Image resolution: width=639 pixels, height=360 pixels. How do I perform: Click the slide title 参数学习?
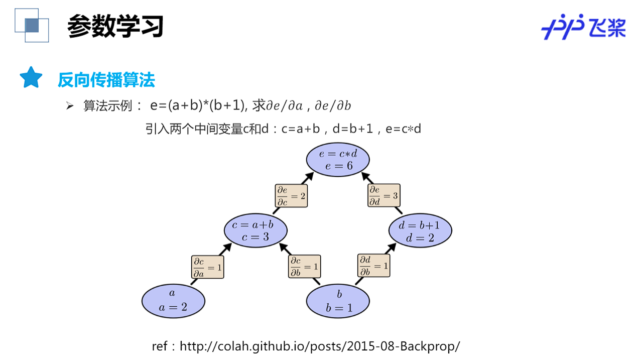[115, 26]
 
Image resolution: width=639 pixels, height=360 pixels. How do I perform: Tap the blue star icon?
[31, 78]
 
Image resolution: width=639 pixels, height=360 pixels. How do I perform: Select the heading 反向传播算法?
[106, 80]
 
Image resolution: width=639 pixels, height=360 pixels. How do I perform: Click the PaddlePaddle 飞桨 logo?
[583, 27]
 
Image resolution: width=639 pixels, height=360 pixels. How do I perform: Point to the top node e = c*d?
[338, 160]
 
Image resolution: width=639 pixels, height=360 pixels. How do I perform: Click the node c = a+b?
[255, 230]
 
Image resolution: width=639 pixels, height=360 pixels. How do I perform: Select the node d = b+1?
[420, 230]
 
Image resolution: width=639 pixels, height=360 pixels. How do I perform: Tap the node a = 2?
[173, 301]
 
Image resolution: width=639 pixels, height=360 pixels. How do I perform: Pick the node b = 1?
[338, 301]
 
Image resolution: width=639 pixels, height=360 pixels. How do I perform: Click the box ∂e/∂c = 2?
[291, 196]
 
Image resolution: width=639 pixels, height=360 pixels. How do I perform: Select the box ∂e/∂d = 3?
[384, 195]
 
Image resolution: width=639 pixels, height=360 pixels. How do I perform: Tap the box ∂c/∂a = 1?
[208, 267]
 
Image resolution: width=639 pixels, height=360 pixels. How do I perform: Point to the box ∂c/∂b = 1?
[304, 267]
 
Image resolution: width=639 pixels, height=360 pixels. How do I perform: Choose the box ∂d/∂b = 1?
[373, 266]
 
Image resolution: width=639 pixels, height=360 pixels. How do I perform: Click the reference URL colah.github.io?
[319, 346]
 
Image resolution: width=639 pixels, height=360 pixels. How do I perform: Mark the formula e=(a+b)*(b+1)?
[198, 105]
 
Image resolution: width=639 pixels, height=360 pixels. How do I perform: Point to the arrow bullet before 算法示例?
[70, 106]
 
